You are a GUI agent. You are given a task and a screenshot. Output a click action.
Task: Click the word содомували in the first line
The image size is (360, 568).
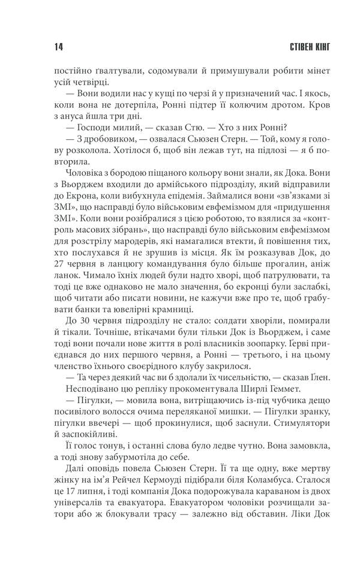148,70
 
